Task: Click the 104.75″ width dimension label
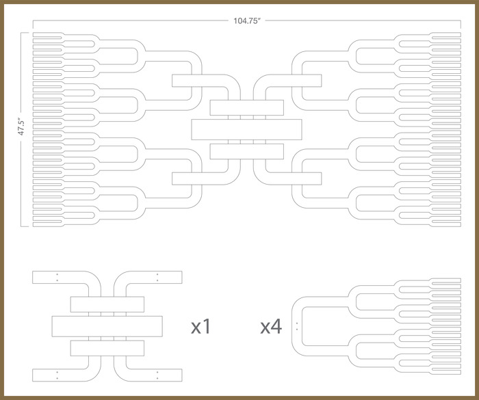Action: [246, 21]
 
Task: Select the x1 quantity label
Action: [200, 327]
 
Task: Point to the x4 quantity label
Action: [271, 327]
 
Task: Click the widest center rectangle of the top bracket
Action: [246, 128]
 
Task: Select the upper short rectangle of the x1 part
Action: [107, 304]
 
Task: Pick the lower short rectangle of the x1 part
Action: [107, 348]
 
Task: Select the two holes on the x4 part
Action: [297, 325]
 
